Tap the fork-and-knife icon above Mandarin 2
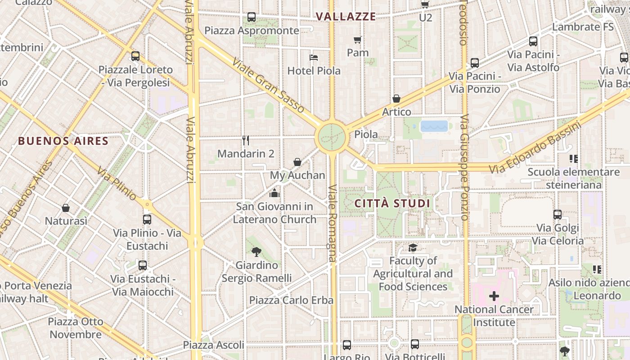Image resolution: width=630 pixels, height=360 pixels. (x=246, y=140)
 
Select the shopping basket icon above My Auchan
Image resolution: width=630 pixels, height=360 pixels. (x=297, y=162)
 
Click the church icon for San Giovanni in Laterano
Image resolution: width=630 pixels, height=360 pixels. (x=274, y=193)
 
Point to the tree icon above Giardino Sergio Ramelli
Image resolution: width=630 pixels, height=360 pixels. (x=256, y=252)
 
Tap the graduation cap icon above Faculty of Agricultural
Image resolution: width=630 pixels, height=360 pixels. (x=413, y=247)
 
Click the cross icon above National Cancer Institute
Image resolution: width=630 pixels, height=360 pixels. (x=494, y=296)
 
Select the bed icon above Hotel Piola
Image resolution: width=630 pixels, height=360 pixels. (x=314, y=57)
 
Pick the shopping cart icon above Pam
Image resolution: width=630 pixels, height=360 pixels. (x=358, y=40)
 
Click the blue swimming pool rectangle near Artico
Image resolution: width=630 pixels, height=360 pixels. (x=434, y=126)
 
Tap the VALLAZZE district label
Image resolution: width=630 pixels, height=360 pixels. (x=346, y=17)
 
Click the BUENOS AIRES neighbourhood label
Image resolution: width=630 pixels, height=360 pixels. (x=63, y=141)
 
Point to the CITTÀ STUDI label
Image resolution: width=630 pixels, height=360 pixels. (x=392, y=203)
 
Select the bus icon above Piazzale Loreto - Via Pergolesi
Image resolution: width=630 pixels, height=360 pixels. (x=135, y=56)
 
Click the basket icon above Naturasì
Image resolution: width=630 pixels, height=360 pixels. (x=66, y=207)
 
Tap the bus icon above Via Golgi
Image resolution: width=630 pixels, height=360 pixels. (x=558, y=215)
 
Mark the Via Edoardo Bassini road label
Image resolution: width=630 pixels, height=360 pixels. (x=535, y=147)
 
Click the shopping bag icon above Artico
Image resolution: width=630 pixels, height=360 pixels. (x=396, y=99)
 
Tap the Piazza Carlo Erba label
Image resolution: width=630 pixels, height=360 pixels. (x=291, y=300)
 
